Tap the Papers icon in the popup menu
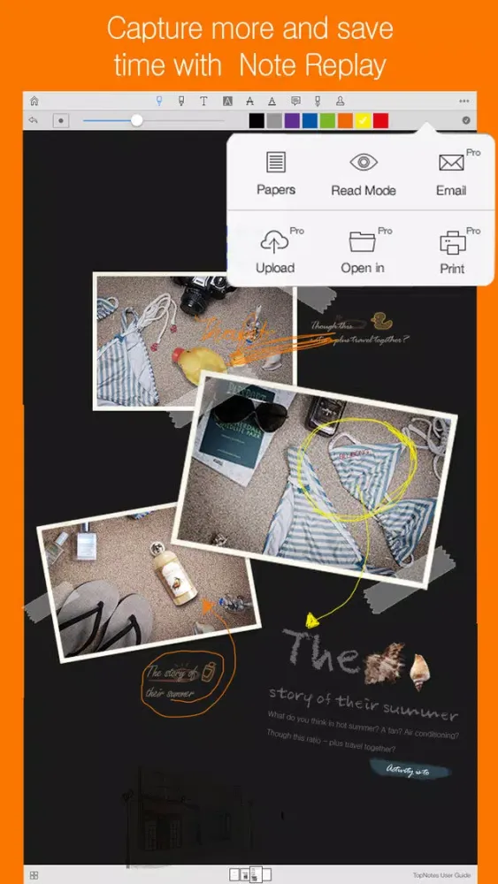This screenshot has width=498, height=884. [x=276, y=163]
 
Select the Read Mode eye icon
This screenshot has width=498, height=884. [x=364, y=163]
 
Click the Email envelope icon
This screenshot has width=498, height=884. [x=451, y=163]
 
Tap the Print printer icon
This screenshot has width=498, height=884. [x=452, y=241]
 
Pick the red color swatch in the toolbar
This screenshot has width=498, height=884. [x=380, y=120]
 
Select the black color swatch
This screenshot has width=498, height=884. [x=257, y=120]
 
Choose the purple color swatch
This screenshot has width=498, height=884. [x=292, y=120]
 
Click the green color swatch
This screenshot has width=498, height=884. [x=327, y=120]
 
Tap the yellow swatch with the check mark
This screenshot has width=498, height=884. [x=363, y=120]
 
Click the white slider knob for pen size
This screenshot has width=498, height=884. [x=136, y=120]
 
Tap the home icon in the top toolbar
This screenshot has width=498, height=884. [x=34, y=101]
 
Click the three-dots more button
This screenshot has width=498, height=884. [x=464, y=101]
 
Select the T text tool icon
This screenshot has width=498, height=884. [x=203, y=101]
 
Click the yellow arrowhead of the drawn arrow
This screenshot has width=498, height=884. [x=312, y=619]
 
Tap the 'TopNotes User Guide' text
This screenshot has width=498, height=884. [x=441, y=875]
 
